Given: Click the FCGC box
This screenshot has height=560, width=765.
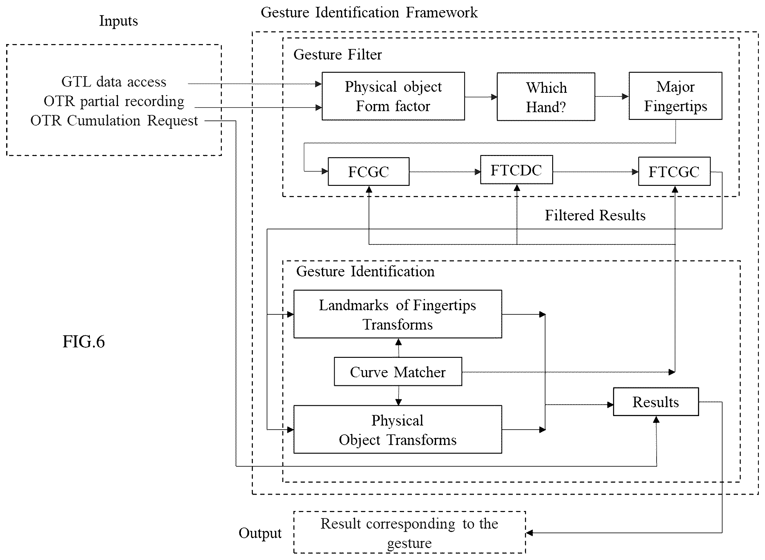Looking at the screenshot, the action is (368, 172).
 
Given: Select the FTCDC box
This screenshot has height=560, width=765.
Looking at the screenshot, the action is (516, 170).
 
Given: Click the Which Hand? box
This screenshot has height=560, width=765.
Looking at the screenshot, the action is (546, 96).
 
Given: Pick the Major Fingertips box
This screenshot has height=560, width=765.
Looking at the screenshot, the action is (675, 96).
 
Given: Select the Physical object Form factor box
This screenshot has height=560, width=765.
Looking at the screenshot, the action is (393, 96).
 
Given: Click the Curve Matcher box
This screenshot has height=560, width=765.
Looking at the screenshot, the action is (398, 371).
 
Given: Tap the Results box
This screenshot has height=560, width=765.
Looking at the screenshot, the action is (656, 402).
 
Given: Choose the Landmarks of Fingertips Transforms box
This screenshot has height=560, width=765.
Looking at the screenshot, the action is (398, 314).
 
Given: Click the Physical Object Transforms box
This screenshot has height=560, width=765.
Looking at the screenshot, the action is (398, 429).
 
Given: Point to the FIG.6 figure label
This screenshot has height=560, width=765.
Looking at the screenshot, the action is (84, 341).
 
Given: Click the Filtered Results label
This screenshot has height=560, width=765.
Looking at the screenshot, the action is (595, 215).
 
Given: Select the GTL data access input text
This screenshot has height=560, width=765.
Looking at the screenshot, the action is (114, 82).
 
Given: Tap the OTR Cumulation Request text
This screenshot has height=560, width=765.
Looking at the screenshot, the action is (114, 121).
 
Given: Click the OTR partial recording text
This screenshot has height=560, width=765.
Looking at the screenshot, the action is (114, 101).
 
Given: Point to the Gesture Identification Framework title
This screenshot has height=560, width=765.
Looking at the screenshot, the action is (369, 13).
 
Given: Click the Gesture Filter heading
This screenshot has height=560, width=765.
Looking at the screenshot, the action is (337, 54).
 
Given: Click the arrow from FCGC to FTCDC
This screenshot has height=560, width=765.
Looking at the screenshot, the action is (445, 172).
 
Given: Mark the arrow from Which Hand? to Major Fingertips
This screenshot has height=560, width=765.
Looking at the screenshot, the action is (612, 96).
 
